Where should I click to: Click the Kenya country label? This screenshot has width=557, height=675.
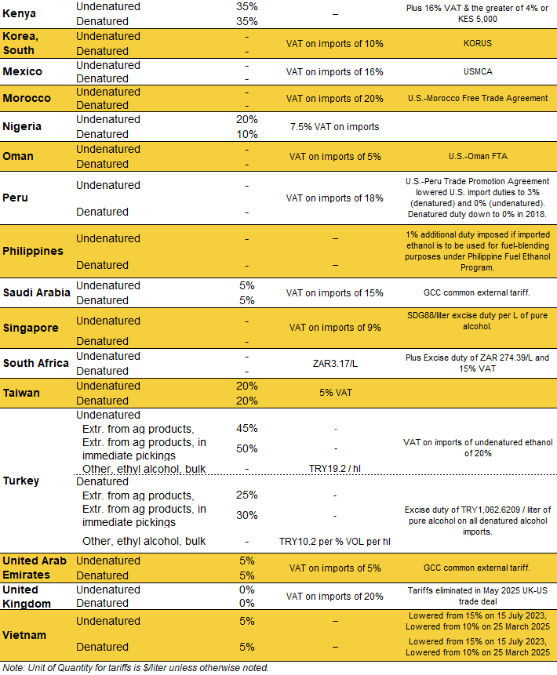(20, 14)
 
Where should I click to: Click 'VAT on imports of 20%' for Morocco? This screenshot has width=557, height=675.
(335, 98)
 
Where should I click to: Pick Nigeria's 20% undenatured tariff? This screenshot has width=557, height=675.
(246, 119)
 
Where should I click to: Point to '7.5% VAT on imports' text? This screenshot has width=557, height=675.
(335, 126)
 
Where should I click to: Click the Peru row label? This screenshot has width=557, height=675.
(16, 198)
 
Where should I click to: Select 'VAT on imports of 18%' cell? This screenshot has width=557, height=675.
(335, 198)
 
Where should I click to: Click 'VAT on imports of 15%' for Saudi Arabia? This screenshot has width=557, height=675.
(335, 292)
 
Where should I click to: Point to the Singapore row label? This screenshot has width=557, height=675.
(31, 328)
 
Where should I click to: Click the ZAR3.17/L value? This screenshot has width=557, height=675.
(335, 364)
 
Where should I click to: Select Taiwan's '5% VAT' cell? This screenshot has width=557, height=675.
(335, 394)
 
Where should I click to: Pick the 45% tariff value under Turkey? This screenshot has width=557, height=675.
(246, 428)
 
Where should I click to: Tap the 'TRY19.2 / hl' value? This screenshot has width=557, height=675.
(335, 468)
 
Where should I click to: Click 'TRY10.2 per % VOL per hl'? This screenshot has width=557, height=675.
(335, 541)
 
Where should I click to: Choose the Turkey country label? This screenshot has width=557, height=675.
(20, 480)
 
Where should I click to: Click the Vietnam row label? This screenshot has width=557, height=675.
(25, 635)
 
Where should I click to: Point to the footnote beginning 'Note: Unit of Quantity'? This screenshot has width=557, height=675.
(136, 668)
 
